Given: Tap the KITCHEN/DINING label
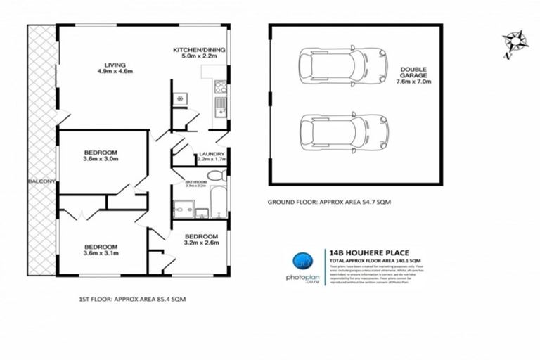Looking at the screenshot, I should click(199, 50).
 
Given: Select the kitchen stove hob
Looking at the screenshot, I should click(220, 88).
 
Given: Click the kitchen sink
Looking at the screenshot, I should click(220, 107).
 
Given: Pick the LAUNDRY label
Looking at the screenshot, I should click(211, 155).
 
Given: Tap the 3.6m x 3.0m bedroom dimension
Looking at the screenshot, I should click(101, 159).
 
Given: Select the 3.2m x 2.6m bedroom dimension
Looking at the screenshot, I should click(202, 243).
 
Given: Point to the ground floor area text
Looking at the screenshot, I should click(328, 202).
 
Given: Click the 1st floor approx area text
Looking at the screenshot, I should click(131, 300).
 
